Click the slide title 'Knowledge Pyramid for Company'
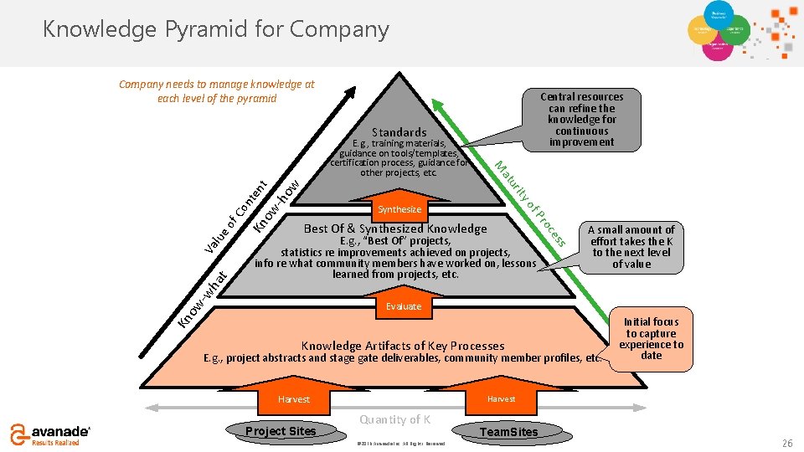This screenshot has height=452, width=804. (x=216, y=29)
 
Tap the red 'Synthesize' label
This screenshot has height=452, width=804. (x=399, y=209)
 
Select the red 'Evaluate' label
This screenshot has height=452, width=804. (x=403, y=306)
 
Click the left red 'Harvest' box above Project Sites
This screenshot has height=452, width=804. (x=294, y=399)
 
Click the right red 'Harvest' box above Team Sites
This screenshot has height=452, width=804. (x=501, y=399)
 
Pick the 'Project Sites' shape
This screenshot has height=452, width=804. (x=280, y=431)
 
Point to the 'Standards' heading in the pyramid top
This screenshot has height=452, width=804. (x=399, y=132)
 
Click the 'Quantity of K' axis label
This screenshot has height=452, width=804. (x=394, y=419)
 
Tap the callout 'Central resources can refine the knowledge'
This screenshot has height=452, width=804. (x=581, y=119)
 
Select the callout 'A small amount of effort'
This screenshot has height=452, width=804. (x=631, y=246)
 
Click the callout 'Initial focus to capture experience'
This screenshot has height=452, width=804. (x=651, y=338)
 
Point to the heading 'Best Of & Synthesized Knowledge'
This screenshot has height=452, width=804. (x=395, y=229)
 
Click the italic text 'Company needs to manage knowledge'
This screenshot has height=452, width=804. (x=216, y=91)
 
